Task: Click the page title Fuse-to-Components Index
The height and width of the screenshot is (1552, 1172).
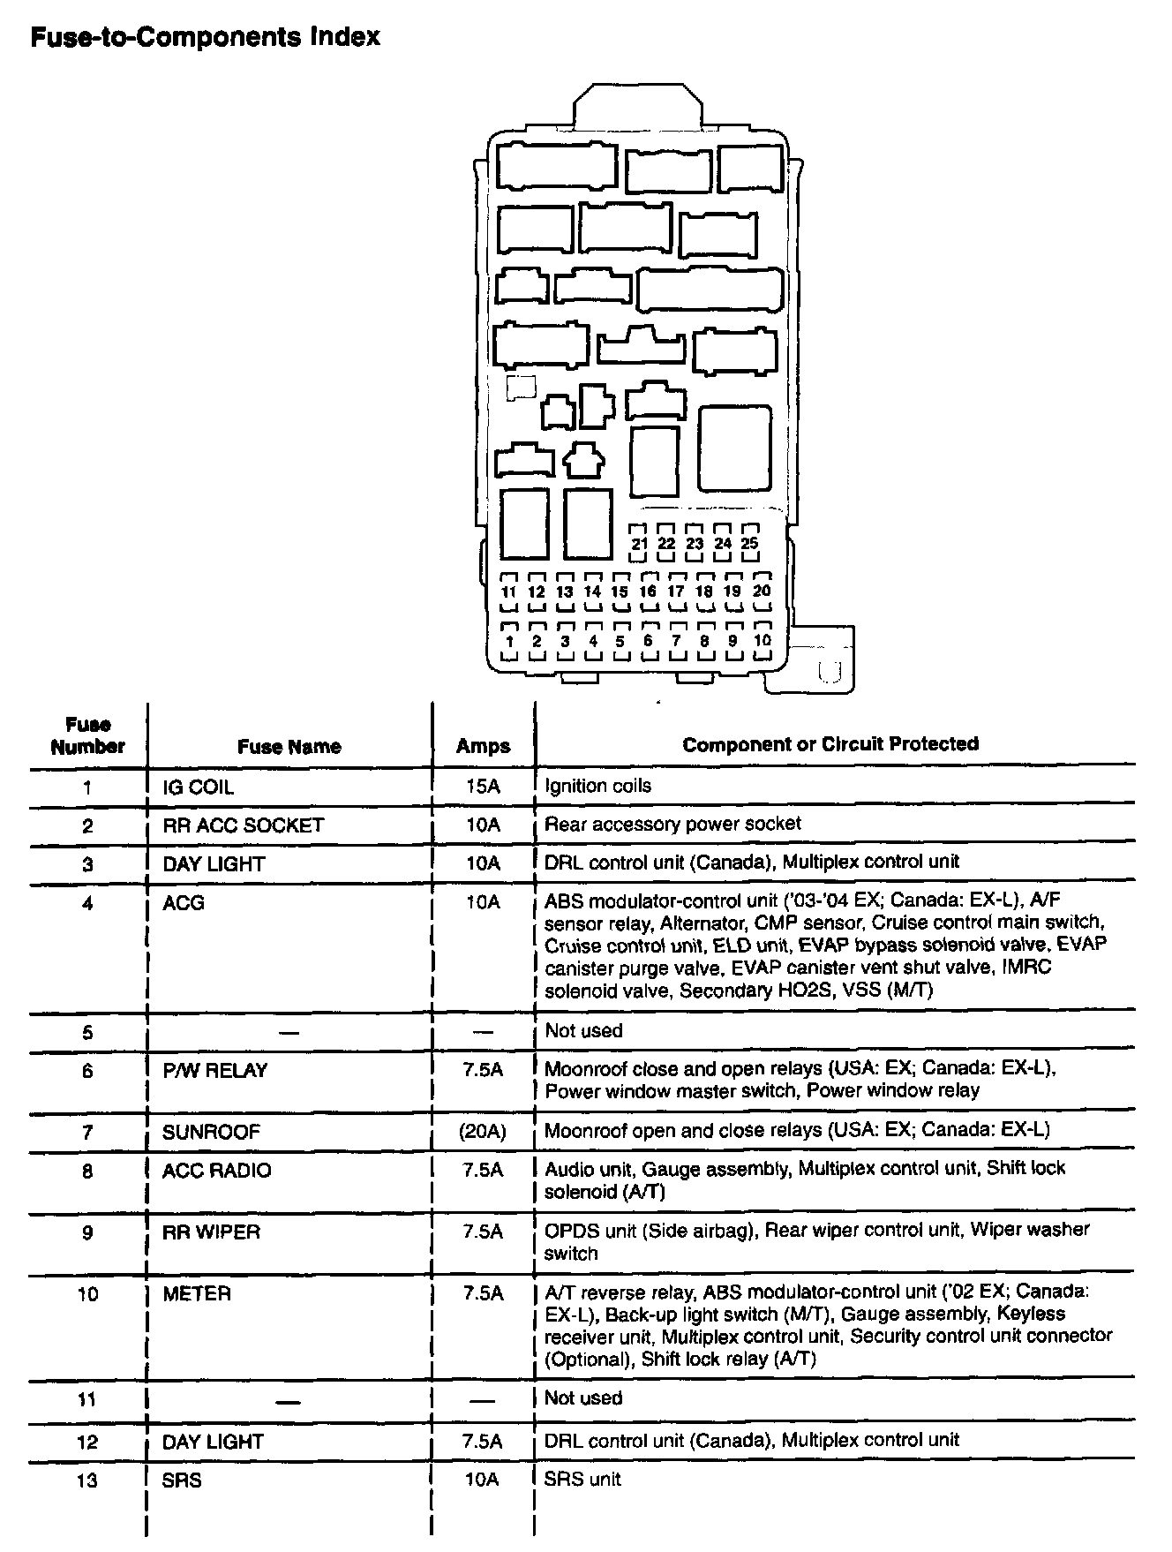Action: (x=205, y=37)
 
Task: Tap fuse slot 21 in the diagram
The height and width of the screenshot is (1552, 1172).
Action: (x=640, y=544)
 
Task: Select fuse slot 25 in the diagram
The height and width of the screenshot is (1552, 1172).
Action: (x=749, y=544)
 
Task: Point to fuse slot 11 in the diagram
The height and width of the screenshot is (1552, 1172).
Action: (x=508, y=592)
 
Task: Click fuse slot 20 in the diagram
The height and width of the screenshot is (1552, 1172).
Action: (x=762, y=591)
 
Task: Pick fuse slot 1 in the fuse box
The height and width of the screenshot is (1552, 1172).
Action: (x=509, y=642)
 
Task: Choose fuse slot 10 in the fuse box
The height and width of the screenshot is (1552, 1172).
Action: (x=762, y=641)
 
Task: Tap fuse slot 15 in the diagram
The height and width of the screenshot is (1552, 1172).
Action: (x=620, y=592)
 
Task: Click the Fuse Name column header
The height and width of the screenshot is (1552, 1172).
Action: (x=289, y=747)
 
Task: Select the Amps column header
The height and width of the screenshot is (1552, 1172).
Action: (x=483, y=747)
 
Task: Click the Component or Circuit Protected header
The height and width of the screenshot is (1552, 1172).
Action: (x=830, y=744)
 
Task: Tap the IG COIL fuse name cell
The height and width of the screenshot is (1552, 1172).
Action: (x=199, y=787)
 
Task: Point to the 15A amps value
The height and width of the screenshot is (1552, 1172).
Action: (x=482, y=787)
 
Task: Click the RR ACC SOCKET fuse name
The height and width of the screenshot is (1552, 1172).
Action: (x=243, y=825)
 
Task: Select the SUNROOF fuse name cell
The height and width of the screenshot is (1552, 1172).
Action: (x=211, y=1132)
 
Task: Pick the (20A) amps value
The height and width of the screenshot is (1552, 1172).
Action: (x=483, y=1132)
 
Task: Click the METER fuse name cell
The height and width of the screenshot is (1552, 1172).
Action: (x=197, y=1294)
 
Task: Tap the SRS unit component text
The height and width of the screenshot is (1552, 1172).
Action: (x=582, y=1480)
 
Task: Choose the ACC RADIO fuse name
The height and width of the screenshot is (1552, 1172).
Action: (x=217, y=1171)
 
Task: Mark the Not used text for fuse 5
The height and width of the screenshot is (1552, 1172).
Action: (x=583, y=1031)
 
